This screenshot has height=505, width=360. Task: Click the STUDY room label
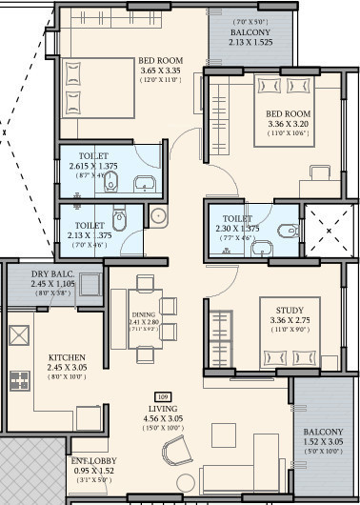click(290, 309)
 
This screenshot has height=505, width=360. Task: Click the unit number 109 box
click(161, 395)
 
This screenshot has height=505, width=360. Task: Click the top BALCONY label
click(250, 31)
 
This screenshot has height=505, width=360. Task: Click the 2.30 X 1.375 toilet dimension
click(236, 229)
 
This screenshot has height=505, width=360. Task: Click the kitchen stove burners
click(20, 380)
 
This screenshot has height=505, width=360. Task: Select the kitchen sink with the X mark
click(20, 335)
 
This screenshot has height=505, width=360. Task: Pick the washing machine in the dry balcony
click(90, 284)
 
